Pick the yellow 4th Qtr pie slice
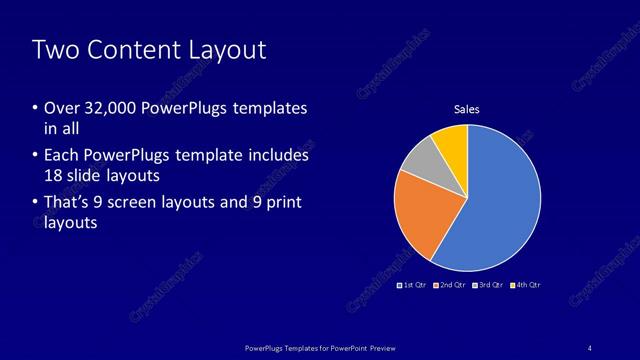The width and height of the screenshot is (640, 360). point(452,145)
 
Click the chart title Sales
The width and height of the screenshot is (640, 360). point(467,109)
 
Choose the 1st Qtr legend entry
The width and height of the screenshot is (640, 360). point(413,285)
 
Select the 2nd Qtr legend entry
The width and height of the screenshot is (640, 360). point(452,285)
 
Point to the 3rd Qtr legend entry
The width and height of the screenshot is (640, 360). point(489,285)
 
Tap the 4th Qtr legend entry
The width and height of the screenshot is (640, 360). point(527,285)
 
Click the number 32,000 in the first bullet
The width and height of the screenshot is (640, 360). point(111,108)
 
